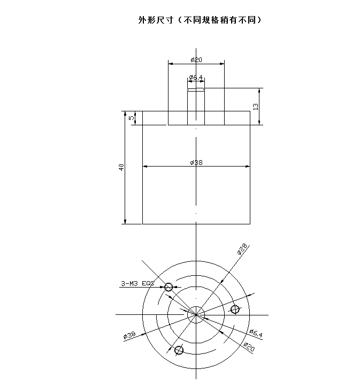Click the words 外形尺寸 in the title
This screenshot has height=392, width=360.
pos(156,20)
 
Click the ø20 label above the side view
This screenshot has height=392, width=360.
pos(196,60)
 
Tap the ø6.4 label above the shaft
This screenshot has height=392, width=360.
pos(196,78)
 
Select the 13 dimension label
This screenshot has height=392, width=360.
pos(256,107)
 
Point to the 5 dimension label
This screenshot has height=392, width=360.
pos(131,118)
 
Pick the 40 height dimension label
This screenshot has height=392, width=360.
pos(121,167)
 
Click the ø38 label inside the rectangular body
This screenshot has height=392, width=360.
pos(196,163)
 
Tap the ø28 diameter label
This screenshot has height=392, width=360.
pos(242,249)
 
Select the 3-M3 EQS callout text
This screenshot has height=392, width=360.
pos(137,283)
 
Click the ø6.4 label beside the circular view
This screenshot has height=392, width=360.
pos(256,333)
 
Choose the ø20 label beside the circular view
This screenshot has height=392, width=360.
pos(249,347)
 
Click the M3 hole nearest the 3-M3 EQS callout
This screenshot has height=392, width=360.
pos(168,287)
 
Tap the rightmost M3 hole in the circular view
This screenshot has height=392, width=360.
pos(235,309)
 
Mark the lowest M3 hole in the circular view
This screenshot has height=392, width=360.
pos(179,350)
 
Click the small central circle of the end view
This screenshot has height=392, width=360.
pos(196,315)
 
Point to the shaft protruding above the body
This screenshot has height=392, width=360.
pos(196,107)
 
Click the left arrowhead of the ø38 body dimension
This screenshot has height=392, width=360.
pos(145,166)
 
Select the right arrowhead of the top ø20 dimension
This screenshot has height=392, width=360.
pos(222,64)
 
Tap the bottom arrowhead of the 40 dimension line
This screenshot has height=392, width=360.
pos(125,222)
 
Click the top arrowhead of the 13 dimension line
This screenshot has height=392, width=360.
pos(259,91)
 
